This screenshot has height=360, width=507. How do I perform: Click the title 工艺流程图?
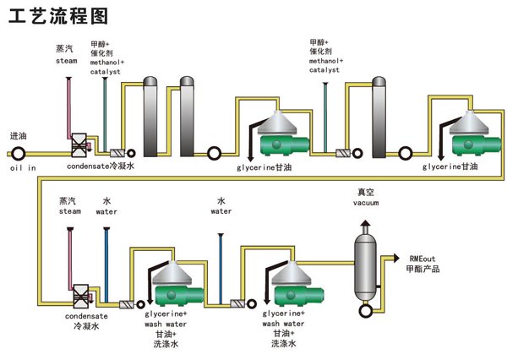coord(58,16)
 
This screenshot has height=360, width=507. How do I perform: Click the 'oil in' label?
coord(23,168)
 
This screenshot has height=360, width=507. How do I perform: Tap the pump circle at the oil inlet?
coord(18,154)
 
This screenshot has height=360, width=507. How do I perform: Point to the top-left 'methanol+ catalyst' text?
coord(106,67)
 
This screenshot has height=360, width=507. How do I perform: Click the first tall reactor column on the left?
coord(150,117)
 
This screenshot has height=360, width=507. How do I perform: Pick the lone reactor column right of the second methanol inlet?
coord(379,117)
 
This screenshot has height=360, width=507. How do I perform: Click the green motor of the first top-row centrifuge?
coord(285,145)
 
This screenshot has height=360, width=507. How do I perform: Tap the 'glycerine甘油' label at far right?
coord(450,166)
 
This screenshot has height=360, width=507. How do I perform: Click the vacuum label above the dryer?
coord(366,203)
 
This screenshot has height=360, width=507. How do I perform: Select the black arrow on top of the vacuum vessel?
coord(365,223)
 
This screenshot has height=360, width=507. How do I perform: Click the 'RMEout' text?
coord(422,259)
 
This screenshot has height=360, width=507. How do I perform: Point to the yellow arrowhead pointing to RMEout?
coord(396,258)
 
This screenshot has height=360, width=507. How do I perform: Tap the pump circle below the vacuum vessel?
coord(366,311)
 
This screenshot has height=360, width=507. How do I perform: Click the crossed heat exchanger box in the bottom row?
coord(81,296)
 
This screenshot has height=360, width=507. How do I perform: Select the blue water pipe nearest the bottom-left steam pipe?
coord(106,265)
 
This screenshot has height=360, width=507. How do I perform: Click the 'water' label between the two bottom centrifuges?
coord(221,211)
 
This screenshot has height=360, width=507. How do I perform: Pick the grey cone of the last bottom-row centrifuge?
coord(292,274)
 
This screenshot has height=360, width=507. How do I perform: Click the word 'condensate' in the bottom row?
coord(86,316)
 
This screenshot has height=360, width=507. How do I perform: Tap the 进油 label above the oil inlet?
coord(18,136)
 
